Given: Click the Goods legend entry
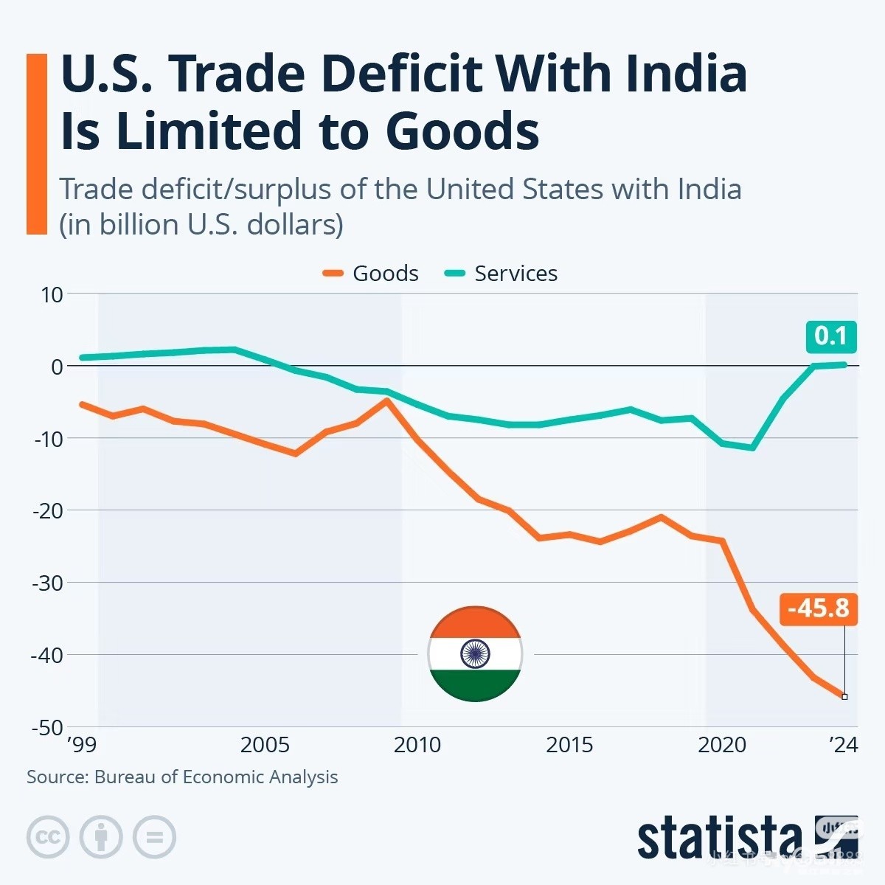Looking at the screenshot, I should click(371, 274).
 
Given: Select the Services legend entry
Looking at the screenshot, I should click(502, 274).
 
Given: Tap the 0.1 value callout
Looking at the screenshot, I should click(830, 336).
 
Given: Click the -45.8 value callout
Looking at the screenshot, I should click(818, 609).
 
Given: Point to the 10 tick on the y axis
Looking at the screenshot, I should click(52, 294).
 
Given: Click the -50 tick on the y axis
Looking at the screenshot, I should click(48, 727).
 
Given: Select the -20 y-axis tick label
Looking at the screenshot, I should click(48, 510).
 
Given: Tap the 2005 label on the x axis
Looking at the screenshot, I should click(265, 745).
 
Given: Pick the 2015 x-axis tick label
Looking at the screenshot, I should click(569, 745).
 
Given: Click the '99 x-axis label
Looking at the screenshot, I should click(81, 745).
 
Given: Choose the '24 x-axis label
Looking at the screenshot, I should click(843, 745).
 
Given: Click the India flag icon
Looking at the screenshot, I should click(475, 654).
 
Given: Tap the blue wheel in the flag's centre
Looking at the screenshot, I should click(475, 654).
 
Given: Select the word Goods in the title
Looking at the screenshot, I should click(462, 131).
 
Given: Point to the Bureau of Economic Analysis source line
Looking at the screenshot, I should click(182, 777).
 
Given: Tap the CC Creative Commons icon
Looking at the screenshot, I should click(48, 837).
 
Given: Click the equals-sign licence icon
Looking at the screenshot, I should click(154, 837).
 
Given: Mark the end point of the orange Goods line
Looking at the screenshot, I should click(844, 696).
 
